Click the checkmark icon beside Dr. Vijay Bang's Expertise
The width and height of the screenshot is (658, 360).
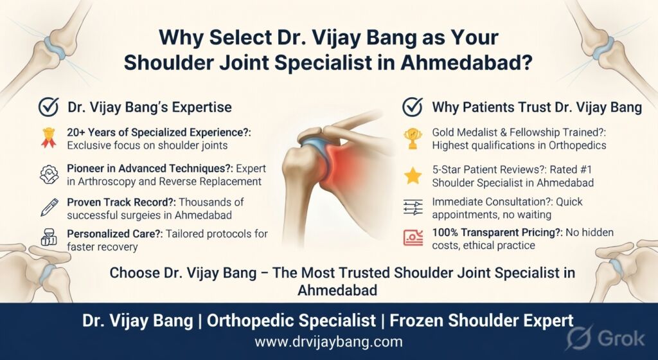pyautogui.click(x=49, y=107)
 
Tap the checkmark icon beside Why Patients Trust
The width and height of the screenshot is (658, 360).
pyautogui.click(x=412, y=107)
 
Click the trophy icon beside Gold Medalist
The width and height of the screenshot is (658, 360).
pyautogui.click(x=413, y=138)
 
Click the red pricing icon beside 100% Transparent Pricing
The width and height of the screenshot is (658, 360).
pyautogui.click(x=413, y=238)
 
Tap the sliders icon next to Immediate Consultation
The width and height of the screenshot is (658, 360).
pyautogui.click(x=413, y=206)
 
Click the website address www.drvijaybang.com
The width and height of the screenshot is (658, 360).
pyautogui.click(x=329, y=341)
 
